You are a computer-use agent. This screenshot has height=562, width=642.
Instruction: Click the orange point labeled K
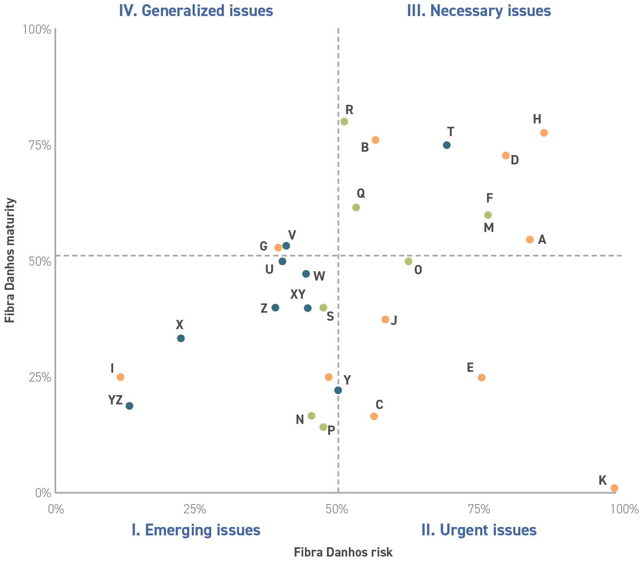click(x=614, y=488)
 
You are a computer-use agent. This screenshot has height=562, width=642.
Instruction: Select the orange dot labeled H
click(x=544, y=133)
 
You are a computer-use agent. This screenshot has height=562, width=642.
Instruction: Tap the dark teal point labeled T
click(x=446, y=145)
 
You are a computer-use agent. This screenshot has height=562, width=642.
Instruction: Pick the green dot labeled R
click(x=344, y=122)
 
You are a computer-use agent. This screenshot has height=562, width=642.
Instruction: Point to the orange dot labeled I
click(x=120, y=377)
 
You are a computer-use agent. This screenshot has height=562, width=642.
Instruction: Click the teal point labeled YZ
click(x=130, y=406)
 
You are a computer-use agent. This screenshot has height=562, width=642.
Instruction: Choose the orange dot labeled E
click(x=481, y=377)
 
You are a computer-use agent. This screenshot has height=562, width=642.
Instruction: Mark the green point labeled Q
click(x=356, y=207)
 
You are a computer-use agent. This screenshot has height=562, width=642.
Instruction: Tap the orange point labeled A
click(x=530, y=240)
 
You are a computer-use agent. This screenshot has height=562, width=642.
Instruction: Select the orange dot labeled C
click(x=374, y=416)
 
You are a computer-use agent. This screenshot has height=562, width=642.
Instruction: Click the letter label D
click(x=514, y=160)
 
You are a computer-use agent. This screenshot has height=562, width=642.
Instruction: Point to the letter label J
click(x=394, y=320)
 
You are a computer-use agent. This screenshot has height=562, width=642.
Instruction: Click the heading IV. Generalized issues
click(x=196, y=11)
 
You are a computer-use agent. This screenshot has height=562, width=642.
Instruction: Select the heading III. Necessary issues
click(x=479, y=11)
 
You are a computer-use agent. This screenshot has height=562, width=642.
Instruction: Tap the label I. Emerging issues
click(x=196, y=530)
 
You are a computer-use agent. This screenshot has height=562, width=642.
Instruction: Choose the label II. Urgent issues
click(x=479, y=530)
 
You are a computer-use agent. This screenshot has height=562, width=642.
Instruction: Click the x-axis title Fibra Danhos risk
click(x=343, y=552)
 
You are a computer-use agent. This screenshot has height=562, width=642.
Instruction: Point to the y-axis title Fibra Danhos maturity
click(x=10, y=260)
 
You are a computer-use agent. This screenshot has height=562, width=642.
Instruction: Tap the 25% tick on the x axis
click(x=195, y=510)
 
